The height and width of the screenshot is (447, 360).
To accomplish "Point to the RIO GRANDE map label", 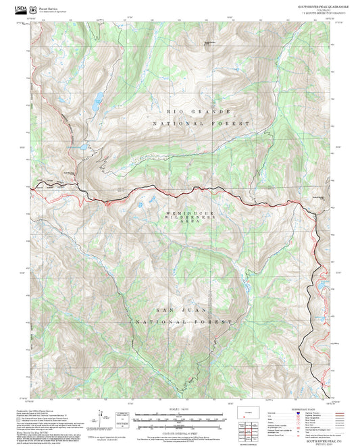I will (x=199, y=111).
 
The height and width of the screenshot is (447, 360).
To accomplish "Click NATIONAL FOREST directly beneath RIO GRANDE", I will (x=201, y=124).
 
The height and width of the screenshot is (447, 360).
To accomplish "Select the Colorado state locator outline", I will (x=245, y=411).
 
